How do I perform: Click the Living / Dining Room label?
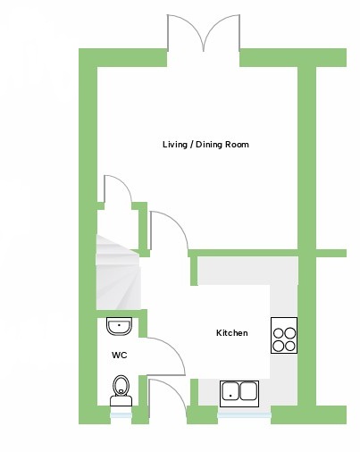205,145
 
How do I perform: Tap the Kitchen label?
232,332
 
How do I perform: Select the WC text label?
120,355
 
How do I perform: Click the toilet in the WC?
121,390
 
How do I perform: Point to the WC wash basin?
119,326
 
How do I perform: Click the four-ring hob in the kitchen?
284,335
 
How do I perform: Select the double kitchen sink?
239,394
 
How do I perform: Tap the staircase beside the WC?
118,272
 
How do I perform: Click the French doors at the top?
204,33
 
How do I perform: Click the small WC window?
121,415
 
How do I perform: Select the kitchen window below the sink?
244,415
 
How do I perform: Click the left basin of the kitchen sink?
230,391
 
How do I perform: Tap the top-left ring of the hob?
279,333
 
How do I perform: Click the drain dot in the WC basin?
119,325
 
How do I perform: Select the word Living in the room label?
175,145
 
